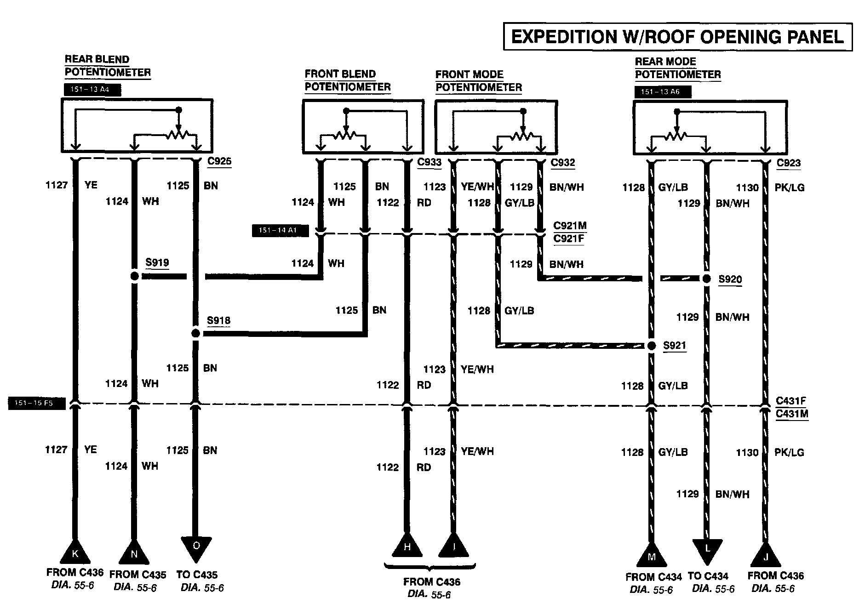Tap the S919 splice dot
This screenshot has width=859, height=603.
tap(134, 276)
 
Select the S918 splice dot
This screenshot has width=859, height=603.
tap(195, 333)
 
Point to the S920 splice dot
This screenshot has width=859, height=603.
tap(707, 279)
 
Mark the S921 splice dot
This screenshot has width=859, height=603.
tap(651, 346)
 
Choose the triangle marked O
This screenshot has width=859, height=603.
tap(196, 547)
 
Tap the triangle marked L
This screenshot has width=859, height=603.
tap(707, 549)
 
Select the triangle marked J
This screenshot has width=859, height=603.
tap(766, 556)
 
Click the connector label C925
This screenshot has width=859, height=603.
tap(219, 161)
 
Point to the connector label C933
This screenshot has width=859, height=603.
tap(429, 162)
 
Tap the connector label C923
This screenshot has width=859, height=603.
tap(789, 163)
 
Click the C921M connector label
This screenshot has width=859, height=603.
tap(570, 226)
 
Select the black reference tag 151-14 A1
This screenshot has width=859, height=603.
tap(280, 230)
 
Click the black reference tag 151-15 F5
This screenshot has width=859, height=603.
tap(37, 404)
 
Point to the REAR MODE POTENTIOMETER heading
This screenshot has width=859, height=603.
tap(677, 68)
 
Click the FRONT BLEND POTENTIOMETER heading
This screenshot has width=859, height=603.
tap(347, 80)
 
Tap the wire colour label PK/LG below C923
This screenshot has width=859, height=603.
tap(789, 188)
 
